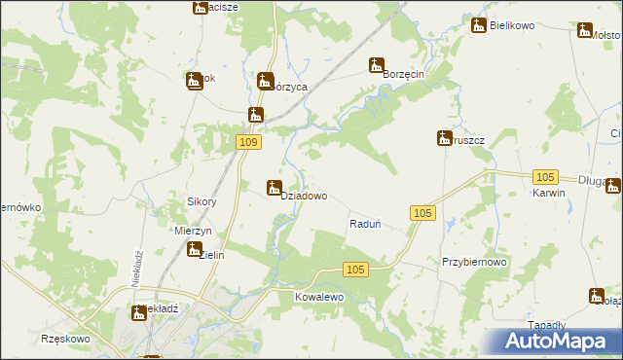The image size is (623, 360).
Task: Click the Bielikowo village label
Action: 513,25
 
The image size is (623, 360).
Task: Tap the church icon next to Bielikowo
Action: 478,25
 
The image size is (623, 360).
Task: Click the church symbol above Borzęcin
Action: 376,66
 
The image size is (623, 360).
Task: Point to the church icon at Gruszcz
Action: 444,138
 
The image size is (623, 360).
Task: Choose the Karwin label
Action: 549,193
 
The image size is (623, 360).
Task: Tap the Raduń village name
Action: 364,224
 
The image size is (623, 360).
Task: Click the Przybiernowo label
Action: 475,263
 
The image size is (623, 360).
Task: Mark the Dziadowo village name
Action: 304,196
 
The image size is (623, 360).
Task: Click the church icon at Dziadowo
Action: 275,188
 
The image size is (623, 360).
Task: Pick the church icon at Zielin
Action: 194,250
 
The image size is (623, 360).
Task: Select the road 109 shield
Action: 249,143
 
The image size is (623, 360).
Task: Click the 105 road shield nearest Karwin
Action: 545,176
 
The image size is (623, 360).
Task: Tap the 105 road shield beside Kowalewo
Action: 355,270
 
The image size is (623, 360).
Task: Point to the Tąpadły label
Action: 573,325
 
